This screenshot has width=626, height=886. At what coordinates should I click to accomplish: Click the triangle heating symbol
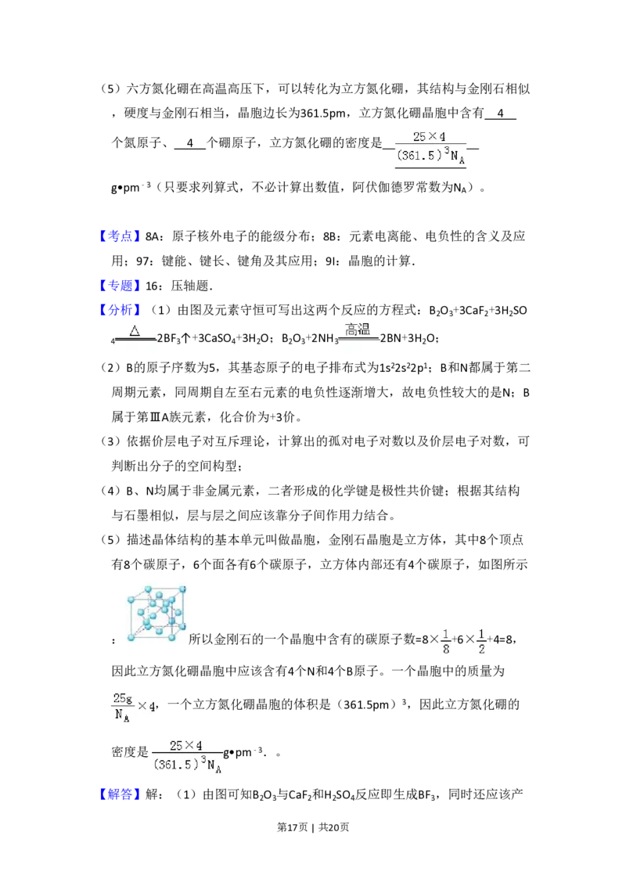pos(135,330)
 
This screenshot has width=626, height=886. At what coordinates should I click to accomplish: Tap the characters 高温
pos(358,330)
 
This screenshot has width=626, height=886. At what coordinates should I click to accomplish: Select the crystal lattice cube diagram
pos(156,610)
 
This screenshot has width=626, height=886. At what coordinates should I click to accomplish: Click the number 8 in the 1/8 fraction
pos(446,650)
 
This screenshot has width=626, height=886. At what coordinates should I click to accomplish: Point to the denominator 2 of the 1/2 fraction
pos(482,650)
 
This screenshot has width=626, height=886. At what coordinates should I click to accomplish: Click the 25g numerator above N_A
pos(121,697)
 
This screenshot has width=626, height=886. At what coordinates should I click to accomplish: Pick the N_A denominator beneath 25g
pos(122,715)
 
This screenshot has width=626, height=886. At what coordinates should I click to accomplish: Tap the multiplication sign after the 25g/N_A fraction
pos(142,706)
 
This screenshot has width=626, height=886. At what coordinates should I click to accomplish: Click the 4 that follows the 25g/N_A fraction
pos(152,706)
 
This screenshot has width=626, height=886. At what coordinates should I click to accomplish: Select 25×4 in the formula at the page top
pos(430,137)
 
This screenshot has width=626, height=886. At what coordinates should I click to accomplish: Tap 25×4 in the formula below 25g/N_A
pos(186,745)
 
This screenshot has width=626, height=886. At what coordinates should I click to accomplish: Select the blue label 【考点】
pos(121,236)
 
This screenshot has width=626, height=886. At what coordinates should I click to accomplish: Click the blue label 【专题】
pos(121,285)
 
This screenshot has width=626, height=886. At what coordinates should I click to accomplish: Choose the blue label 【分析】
pos(121,310)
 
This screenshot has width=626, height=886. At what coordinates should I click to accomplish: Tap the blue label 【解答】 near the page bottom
pos(121,794)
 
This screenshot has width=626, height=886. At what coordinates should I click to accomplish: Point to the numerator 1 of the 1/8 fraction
pos(446,633)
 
